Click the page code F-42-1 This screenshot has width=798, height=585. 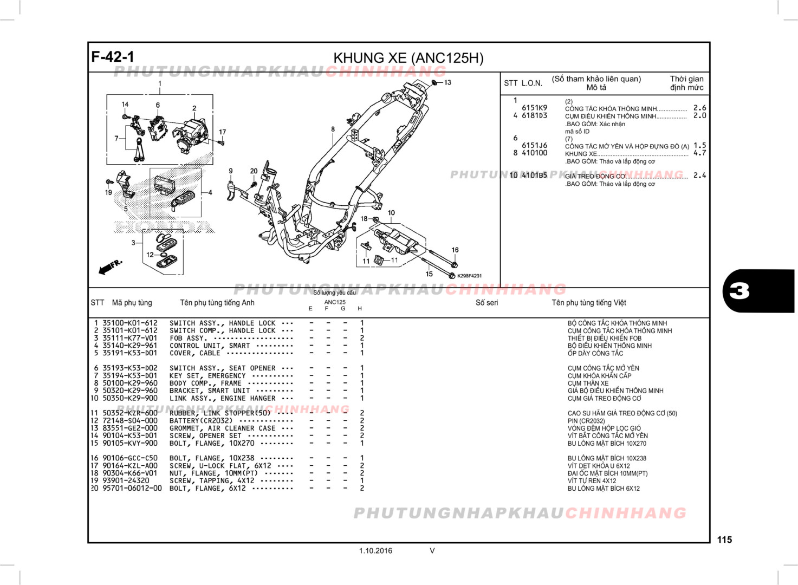(113, 57)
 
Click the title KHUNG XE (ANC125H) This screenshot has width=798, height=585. (408, 58)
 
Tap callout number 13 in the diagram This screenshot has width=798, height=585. (447, 83)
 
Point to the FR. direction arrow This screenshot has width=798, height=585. (111, 266)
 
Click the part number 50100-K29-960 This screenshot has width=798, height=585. (130, 383)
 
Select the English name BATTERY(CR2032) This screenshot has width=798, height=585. (201, 421)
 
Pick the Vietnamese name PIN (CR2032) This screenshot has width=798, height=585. (586, 421)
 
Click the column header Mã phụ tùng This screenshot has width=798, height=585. (132, 303)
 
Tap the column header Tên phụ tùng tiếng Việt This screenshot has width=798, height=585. (589, 303)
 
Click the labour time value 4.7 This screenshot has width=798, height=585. (699, 153)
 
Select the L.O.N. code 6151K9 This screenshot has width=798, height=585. (534, 108)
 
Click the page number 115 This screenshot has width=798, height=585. (724, 539)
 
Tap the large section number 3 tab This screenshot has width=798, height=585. (758, 291)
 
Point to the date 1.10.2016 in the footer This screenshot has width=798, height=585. (375, 551)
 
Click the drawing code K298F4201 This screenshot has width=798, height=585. (469, 276)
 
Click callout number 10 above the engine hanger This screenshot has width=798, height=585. (391, 213)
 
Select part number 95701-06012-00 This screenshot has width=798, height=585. (132, 488)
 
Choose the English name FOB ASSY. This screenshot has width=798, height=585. (188, 338)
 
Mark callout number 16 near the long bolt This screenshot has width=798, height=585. (455, 250)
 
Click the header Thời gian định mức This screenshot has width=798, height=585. (686, 83)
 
